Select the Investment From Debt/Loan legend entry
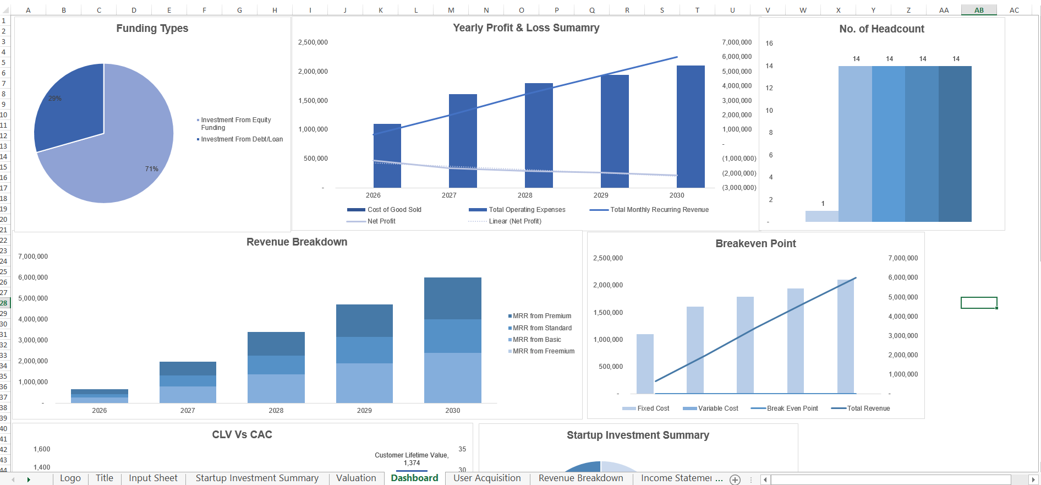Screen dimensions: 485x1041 pos(242,139)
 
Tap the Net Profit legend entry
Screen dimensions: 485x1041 pos(381,221)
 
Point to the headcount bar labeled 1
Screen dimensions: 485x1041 pos(821,216)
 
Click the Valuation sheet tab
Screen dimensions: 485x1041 pos(356,478)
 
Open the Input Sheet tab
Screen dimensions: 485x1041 pos(153,478)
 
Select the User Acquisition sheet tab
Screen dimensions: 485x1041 pos(487,478)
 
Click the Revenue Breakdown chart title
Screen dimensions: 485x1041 pos(297,242)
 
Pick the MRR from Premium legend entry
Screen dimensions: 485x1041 pos(541,316)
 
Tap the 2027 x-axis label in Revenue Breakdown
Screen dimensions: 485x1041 pos(188,411)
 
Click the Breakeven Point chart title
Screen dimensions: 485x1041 pos(755,243)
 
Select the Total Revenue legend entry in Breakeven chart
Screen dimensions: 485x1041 pos(868,408)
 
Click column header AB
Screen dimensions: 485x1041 pos(979,10)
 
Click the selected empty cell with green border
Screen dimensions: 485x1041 pos(979,303)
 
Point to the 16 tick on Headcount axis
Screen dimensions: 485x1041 pos(769,43)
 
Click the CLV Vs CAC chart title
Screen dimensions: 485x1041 pos(242,434)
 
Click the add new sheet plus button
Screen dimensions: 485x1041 pos(735,479)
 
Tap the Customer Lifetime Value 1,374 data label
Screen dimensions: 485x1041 pos(412,459)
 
